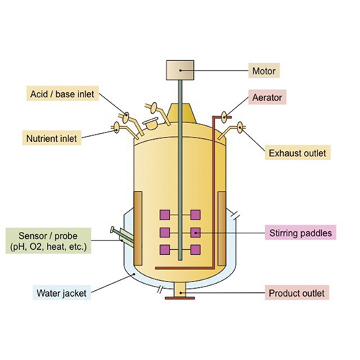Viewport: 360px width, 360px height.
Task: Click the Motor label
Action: [264, 71]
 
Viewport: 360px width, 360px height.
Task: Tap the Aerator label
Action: [267, 97]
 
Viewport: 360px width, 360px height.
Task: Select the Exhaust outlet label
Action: [297, 153]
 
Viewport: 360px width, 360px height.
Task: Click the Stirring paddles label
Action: [300, 233]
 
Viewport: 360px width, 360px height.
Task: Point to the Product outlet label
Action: [297, 292]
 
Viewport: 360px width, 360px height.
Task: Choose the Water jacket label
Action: [62, 292]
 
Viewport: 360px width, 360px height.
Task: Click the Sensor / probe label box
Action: [48, 240]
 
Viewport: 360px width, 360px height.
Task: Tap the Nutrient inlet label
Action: [52, 138]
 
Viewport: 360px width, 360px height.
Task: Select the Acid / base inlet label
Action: [63, 94]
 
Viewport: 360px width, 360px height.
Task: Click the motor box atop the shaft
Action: [180, 70]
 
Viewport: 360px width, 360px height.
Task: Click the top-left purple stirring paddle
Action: [165, 215]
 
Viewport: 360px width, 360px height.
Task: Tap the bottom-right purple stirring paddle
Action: [196, 250]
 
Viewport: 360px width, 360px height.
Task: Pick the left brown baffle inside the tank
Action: [138, 228]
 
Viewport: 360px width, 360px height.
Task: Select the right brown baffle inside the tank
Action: [222, 228]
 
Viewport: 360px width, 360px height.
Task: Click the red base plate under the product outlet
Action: [180, 298]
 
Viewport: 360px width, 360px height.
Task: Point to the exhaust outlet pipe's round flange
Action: [240, 127]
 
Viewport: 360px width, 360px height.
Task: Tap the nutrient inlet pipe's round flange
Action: [117, 127]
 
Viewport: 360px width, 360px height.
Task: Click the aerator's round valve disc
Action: [224, 117]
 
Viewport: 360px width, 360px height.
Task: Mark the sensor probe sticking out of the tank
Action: [122, 236]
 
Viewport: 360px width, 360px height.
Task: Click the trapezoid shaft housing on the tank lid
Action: [181, 113]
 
